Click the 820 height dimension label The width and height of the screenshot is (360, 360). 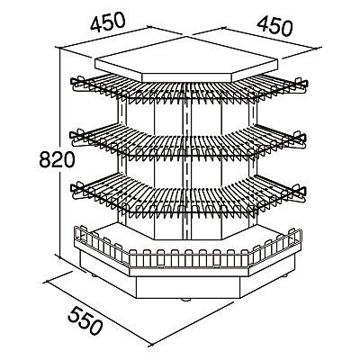[57, 159]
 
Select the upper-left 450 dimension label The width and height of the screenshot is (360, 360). [107, 22]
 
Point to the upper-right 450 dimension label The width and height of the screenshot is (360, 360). [274, 27]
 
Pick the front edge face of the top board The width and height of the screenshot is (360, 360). [186, 77]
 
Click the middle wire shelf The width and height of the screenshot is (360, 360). [188, 141]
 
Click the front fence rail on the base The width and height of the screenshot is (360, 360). [188, 257]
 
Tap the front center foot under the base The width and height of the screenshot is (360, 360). [186, 300]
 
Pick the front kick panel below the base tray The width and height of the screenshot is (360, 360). [188, 287]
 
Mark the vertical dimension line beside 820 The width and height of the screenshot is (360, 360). [60, 153]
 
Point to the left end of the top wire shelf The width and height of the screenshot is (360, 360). [73, 82]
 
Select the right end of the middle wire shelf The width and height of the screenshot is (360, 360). [302, 139]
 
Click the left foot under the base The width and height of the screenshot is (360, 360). [94, 274]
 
